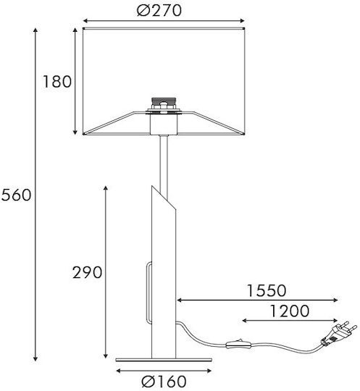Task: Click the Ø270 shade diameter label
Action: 159,11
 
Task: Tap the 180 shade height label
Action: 57,82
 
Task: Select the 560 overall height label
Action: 17,195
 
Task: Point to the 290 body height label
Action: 88,272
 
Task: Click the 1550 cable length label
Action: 267,290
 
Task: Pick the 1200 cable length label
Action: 290,311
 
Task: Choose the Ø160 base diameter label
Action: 164,382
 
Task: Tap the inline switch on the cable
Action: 238,345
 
